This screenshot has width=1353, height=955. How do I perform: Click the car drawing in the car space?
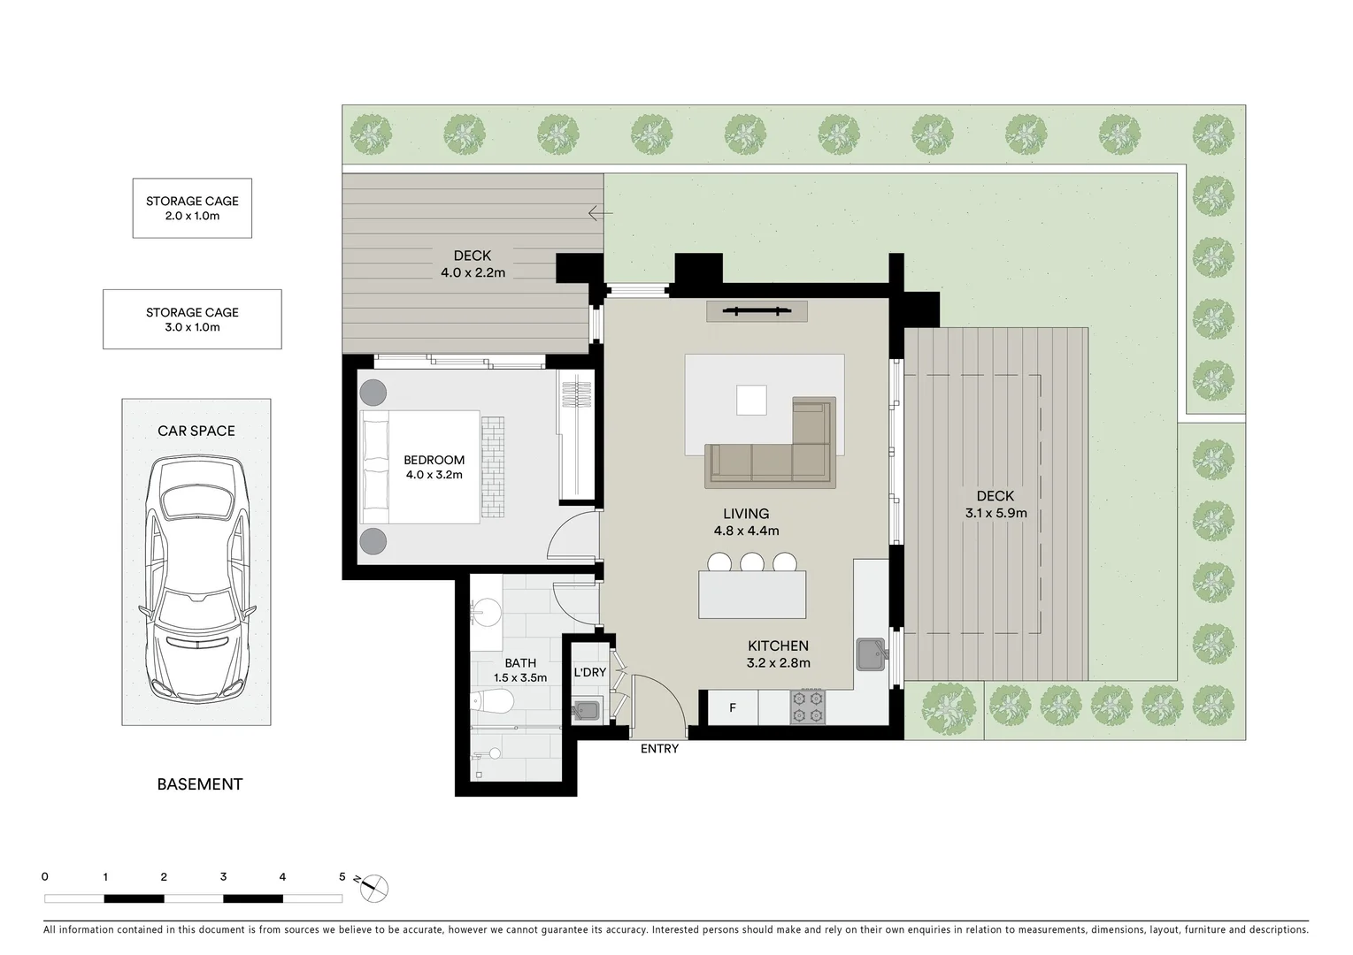(196, 579)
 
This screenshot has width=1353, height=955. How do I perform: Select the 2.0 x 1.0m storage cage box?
(192, 208)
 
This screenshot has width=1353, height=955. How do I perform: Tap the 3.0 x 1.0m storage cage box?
(192, 319)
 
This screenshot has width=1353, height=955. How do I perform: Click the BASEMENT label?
(199, 784)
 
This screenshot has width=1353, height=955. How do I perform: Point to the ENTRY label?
(659, 749)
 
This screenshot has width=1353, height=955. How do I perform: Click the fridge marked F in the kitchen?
(733, 707)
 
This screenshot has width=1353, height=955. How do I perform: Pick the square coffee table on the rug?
(751, 400)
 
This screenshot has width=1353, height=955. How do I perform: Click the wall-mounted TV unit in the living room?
(757, 310)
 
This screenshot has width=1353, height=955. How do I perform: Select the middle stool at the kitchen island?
(752, 562)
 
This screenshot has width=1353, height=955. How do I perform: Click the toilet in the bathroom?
(494, 702)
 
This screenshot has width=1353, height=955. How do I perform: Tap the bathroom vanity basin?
(484, 610)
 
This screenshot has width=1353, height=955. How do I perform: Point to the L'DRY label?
(590, 673)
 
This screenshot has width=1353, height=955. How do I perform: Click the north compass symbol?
(374, 887)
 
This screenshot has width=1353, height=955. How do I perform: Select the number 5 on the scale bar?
(342, 877)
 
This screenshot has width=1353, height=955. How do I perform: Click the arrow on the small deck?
(600, 213)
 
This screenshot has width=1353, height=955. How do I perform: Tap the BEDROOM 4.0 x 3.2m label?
(434, 467)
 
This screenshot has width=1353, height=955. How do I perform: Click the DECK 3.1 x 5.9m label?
(996, 504)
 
